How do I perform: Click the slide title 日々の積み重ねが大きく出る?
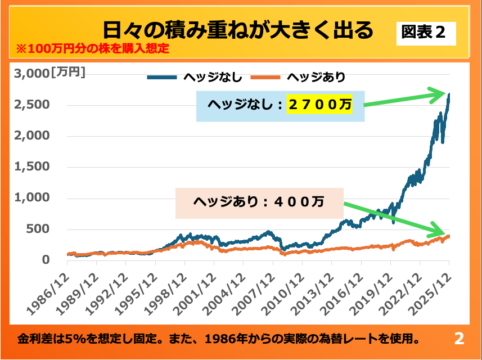[x=238, y=29]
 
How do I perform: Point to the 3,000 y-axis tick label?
[x=32, y=73]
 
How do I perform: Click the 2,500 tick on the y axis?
[x=33, y=105]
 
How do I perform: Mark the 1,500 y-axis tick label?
[x=33, y=167]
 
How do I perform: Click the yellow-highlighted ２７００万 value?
[x=319, y=104]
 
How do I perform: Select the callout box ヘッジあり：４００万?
[x=259, y=202]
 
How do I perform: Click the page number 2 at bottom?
[x=459, y=339]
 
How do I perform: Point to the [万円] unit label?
[x=68, y=72]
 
